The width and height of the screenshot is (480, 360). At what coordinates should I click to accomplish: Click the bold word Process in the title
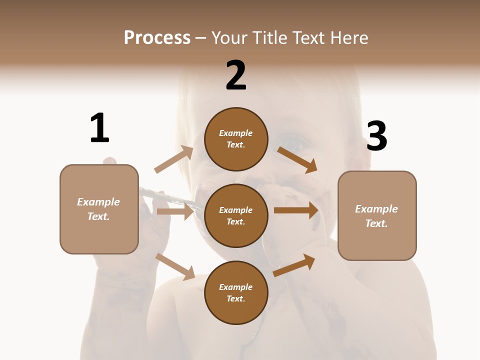pyautogui.click(x=157, y=38)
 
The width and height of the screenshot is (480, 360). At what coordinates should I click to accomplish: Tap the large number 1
pyautogui.click(x=99, y=128)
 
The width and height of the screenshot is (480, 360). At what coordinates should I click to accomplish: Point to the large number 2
pyautogui.click(x=236, y=75)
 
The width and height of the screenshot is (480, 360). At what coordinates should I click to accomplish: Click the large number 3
pyautogui.click(x=376, y=136)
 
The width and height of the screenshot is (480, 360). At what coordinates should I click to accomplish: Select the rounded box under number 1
pyautogui.click(x=99, y=209)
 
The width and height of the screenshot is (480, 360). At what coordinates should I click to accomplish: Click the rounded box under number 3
pyautogui.click(x=377, y=215)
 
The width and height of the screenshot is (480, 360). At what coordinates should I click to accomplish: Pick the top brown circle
pyautogui.click(x=236, y=139)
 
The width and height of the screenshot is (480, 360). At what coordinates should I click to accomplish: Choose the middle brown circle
pyautogui.click(x=236, y=215)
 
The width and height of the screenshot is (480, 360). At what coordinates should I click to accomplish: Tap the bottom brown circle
pyautogui.click(x=236, y=292)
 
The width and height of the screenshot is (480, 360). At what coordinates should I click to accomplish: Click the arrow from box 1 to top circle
pyautogui.click(x=174, y=159)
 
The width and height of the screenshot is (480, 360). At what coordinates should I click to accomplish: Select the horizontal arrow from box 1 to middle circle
pyautogui.click(x=175, y=211)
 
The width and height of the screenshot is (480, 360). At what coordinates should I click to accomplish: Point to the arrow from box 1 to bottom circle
pyautogui.click(x=175, y=266)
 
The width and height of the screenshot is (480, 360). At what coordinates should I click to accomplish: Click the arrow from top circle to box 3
pyautogui.click(x=297, y=159)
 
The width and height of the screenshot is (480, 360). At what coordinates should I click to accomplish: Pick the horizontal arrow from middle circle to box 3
pyautogui.click(x=296, y=210)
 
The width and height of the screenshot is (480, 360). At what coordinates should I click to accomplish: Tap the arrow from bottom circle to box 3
pyautogui.click(x=294, y=265)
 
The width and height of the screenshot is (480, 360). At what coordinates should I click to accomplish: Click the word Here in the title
pyautogui.click(x=349, y=38)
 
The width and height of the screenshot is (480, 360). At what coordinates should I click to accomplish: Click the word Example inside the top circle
pyautogui.click(x=236, y=133)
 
